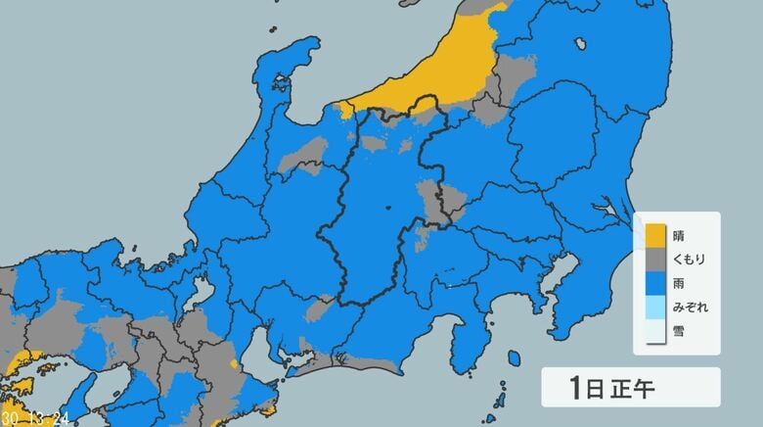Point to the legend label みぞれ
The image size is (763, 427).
pos(690,308)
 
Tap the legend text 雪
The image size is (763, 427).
pos(681,331)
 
